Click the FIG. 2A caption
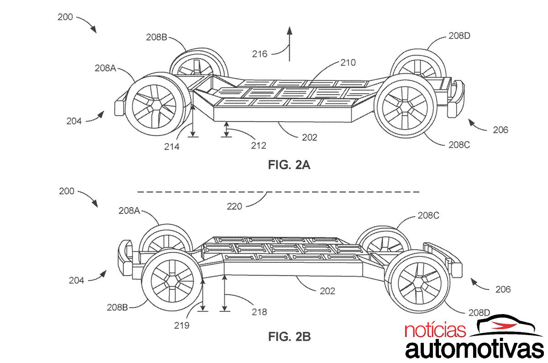289,165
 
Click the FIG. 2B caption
289,337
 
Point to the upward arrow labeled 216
289,43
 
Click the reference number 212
258,145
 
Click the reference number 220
235,207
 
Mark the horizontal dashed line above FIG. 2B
279,191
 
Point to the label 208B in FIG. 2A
156,37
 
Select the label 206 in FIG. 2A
500,130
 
